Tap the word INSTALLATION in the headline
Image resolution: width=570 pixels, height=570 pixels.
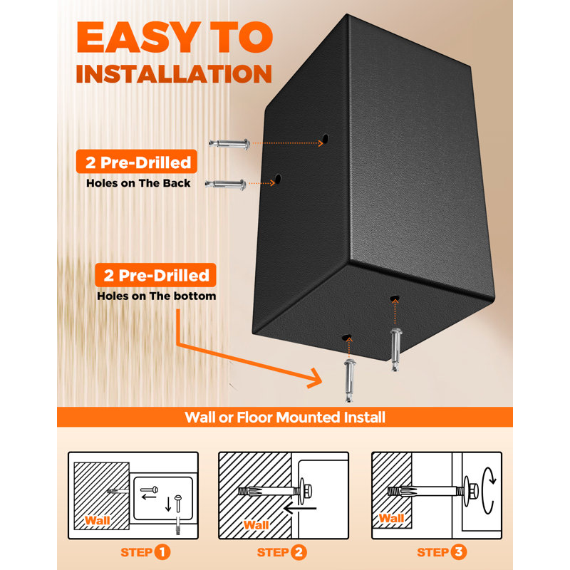point(174,74)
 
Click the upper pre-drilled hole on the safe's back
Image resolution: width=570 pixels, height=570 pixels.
point(326,138)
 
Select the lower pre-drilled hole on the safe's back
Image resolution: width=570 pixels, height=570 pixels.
point(278,179)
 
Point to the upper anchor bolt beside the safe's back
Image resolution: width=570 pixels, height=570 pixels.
point(229,144)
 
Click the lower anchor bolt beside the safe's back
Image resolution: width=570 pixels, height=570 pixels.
point(225,185)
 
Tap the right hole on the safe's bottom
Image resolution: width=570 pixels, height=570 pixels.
point(395,299)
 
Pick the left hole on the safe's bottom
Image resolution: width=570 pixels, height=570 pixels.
point(347,338)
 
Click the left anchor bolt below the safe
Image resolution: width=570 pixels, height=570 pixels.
point(349,380)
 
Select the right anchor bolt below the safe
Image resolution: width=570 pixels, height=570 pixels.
point(395,349)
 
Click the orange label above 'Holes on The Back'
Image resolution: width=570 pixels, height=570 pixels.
point(137,162)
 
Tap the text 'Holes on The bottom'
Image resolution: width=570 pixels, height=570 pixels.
point(157,296)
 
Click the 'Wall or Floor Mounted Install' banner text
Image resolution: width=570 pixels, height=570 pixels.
point(285,418)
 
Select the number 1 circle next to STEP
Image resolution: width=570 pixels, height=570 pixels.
point(162,552)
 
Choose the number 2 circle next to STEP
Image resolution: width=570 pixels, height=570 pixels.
point(299,552)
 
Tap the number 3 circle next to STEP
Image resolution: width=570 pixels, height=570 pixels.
point(459,552)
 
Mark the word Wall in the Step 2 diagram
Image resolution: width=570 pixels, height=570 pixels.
point(256,525)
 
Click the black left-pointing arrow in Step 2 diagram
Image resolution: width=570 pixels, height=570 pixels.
point(300,508)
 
